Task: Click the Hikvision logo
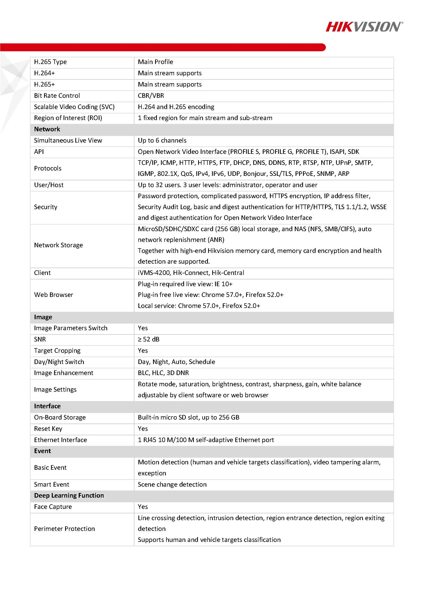click(364, 27)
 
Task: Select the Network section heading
click(47, 129)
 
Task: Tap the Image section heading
click(43, 317)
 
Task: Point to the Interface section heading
click(47, 406)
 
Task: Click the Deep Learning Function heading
click(69, 495)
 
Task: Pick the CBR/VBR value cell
click(151, 95)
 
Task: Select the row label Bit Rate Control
click(57, 95)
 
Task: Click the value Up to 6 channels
click(162, 140)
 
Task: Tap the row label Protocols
click(48, 168)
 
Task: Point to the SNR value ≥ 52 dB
click(149, 339)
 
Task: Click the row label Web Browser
click(54, 295)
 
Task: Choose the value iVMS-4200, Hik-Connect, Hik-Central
click(191, 273)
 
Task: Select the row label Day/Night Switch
click(59, 362)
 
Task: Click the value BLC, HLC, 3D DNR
click(163, 373)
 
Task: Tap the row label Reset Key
click(48, 429)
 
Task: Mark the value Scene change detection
click(172, 485)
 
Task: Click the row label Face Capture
click(53, 507)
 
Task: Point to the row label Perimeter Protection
click(65, 529)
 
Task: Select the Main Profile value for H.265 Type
click(155, 62)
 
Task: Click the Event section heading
click(43, 451)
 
